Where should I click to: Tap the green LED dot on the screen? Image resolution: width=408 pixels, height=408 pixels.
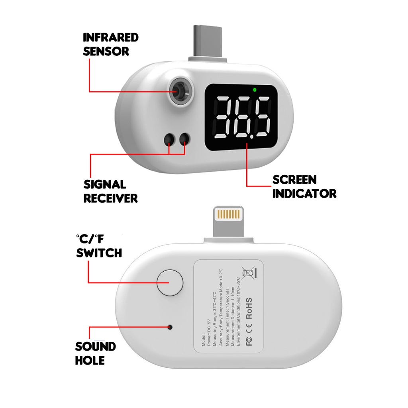[254, 89]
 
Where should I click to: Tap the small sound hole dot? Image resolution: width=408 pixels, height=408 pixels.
[170, 327]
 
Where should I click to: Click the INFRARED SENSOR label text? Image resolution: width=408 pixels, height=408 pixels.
[110, 44]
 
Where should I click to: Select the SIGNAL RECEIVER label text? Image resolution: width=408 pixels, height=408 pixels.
[110, 191]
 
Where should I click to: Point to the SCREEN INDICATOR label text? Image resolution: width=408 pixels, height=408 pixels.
[304, 186]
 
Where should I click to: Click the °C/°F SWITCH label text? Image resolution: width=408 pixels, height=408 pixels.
[99, 246]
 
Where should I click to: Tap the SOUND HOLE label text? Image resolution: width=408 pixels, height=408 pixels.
[95, 353]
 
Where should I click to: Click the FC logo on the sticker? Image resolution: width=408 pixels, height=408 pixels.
[249, 342]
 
